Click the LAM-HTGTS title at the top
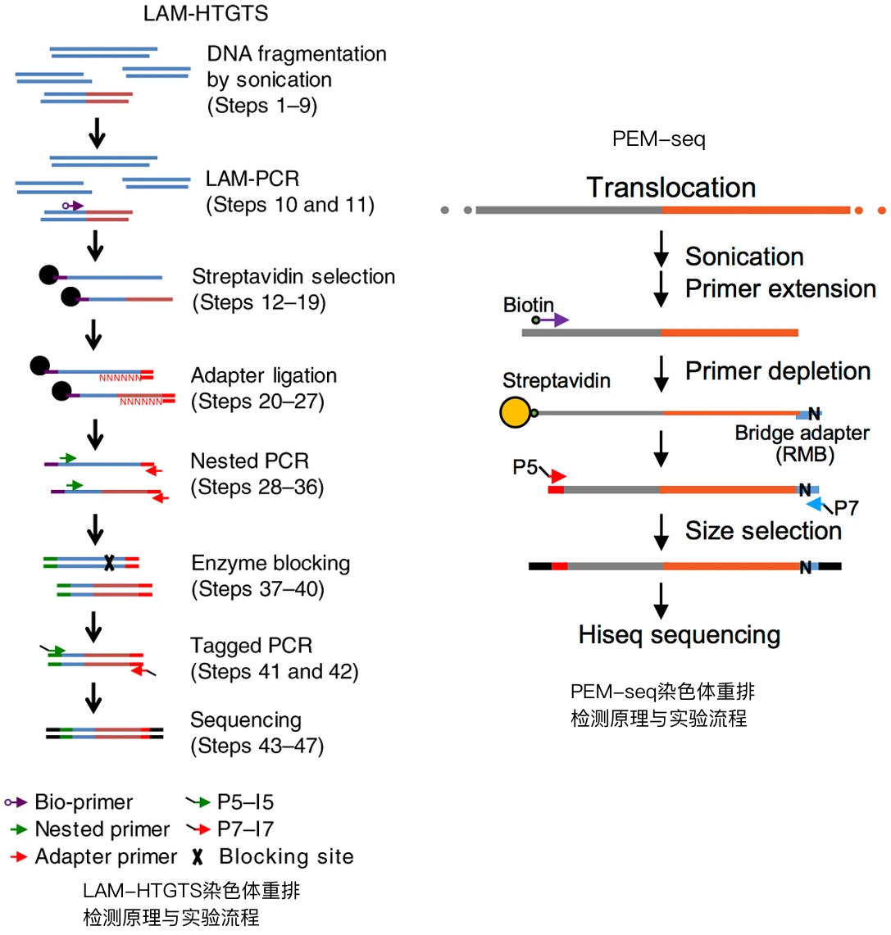(x=205, y=14)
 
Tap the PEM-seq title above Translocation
(x=658, y=139)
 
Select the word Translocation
(x=671, y=188)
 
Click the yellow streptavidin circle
(x=515, y=412)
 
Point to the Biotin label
(x=528, y=305)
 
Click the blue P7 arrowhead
(x=814, y=505)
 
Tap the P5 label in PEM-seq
(x=525, y=467)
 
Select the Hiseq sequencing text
(x=679, y=635)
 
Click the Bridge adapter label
(x=802, y=433)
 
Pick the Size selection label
(x=763, y=531)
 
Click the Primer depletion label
(x=777, y=371)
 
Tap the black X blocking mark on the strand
(x=109, y=563)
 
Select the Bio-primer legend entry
(x=83, y=802)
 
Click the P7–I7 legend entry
(x=245, y=829)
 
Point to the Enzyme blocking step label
(x=270, y=564)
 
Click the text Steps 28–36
(x=257, y=488)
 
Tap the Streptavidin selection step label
(x=293, y=277)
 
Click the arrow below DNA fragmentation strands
(x=97, y=134)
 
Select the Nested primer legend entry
(x=102, y=829)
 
